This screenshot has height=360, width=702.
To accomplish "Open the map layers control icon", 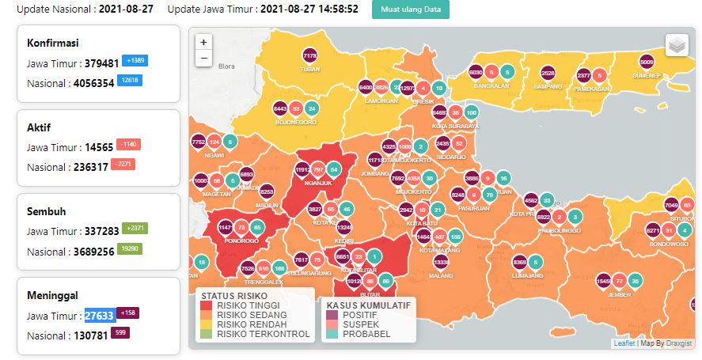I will [677, 46].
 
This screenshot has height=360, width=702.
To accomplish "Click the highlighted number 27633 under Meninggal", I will [100, 315].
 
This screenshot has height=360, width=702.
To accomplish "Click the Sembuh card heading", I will [47, 212].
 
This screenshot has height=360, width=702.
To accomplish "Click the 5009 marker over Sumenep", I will [647, 61].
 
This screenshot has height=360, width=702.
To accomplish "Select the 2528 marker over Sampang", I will [548, 73].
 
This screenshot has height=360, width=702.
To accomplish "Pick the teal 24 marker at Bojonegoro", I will [312, 108].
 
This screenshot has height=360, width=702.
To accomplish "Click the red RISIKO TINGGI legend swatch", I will [207, 305].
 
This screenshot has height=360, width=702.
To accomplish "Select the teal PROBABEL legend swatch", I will [332, 334].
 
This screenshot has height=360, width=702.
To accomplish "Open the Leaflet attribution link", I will [624, 343].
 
